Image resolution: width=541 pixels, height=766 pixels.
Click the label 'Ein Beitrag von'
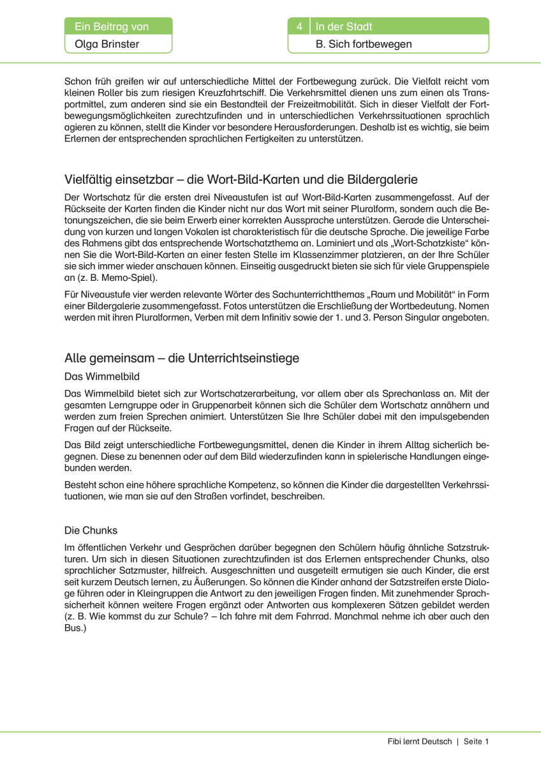coord(112,26)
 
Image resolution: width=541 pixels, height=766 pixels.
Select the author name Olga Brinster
coord(103,44)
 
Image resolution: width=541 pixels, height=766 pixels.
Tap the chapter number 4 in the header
coord(299,26)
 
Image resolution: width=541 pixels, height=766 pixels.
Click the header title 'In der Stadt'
coord(345,26)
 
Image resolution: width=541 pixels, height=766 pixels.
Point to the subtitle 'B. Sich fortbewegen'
coord(364,44)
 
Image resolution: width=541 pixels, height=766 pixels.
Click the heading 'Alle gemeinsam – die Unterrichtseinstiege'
coord(182,358)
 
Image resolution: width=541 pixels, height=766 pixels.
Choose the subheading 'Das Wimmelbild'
coord(102,377)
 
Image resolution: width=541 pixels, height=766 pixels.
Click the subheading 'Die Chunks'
coord(91,530)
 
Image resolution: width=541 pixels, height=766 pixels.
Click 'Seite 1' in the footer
coord(475,741)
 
